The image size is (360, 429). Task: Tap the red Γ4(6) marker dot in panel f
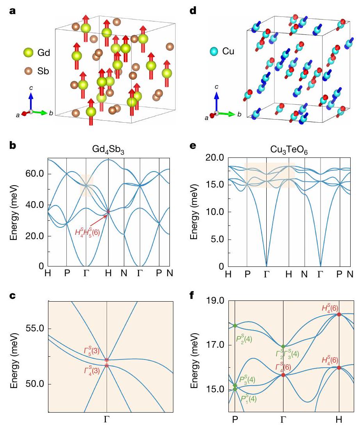(x=283, y=375)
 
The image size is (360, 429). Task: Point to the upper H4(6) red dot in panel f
(x=339, y=314)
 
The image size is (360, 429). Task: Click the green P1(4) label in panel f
(x=250, y=399)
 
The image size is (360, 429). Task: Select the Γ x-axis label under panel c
(x=107, y=419)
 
